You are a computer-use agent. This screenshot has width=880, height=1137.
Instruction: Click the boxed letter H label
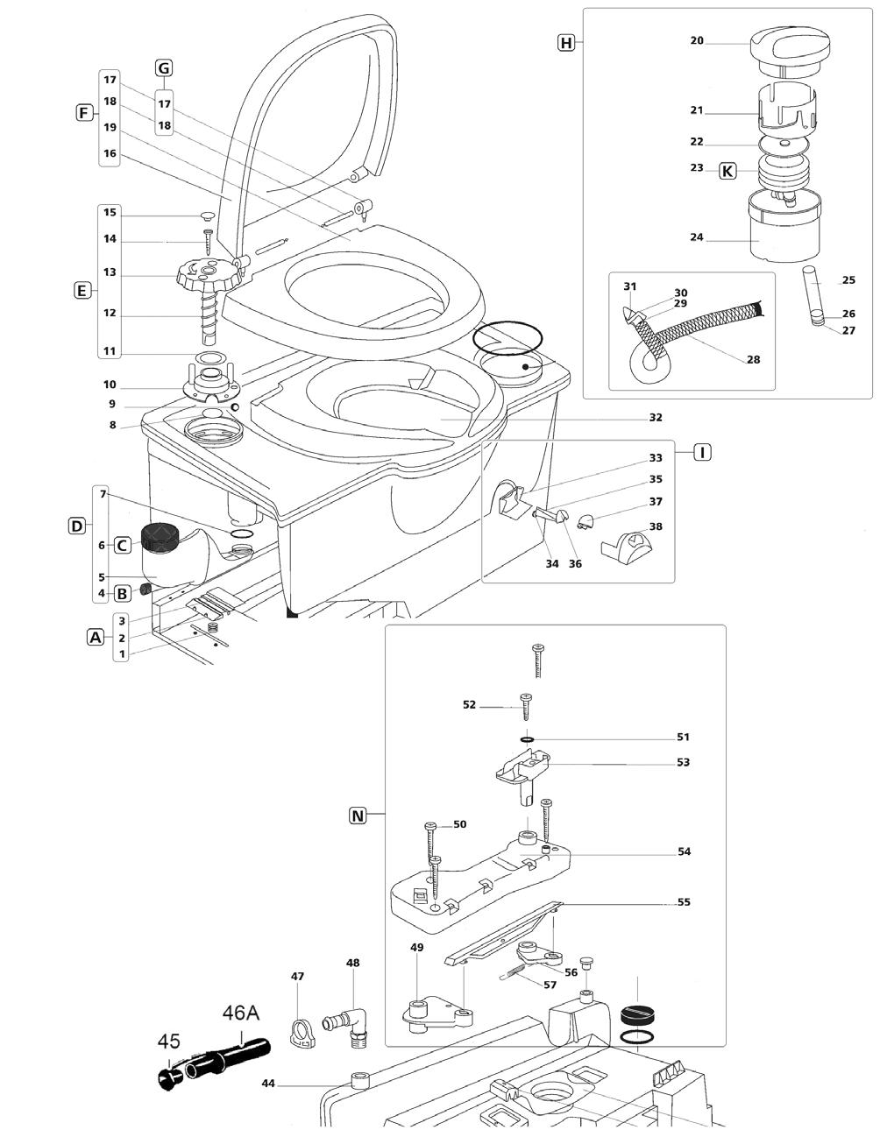click(566, 42)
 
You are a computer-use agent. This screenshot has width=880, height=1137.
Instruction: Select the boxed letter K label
click(727, 171)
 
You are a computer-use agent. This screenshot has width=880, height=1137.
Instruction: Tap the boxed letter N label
click(358, 816)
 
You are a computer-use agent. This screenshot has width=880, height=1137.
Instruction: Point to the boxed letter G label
click(164, 68)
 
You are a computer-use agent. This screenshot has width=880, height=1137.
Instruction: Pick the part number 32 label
click(656, 417)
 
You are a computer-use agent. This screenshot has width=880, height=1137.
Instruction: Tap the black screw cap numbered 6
click(160, 536)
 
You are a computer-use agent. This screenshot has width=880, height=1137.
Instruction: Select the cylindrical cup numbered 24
click(784, 227)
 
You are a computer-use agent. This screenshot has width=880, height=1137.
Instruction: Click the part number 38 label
click(656, 526)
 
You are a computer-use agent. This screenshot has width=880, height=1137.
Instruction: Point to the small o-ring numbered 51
click(527, 739)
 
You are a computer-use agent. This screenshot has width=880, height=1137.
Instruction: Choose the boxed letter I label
click(702, 451)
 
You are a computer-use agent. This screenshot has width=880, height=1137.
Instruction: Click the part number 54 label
click(685, 851)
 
